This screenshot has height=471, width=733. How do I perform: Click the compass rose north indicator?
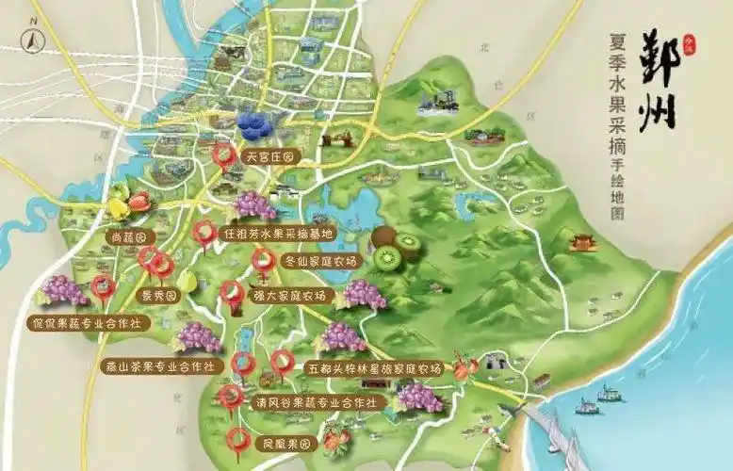31,41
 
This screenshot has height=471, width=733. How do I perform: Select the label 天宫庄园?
269,156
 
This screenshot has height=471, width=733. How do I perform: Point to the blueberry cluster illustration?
255,122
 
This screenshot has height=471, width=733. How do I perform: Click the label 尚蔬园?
129,236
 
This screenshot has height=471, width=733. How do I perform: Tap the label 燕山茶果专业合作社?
157,365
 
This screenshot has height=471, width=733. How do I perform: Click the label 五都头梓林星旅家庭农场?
374,368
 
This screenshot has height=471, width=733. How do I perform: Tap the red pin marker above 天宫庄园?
223,155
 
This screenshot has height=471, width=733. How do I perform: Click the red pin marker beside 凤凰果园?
240,439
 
